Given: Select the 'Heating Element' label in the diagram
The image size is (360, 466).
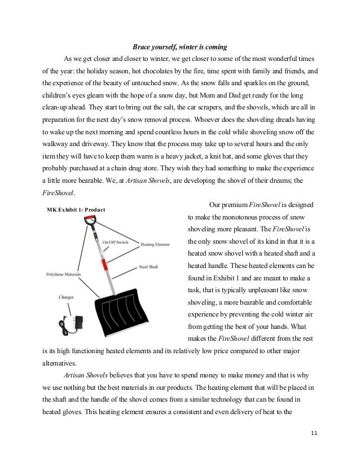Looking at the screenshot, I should (x=155, y=245).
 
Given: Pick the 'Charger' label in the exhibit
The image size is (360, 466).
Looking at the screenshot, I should (x=65, y=296).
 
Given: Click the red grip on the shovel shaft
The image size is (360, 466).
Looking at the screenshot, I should (x=103, y=264).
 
